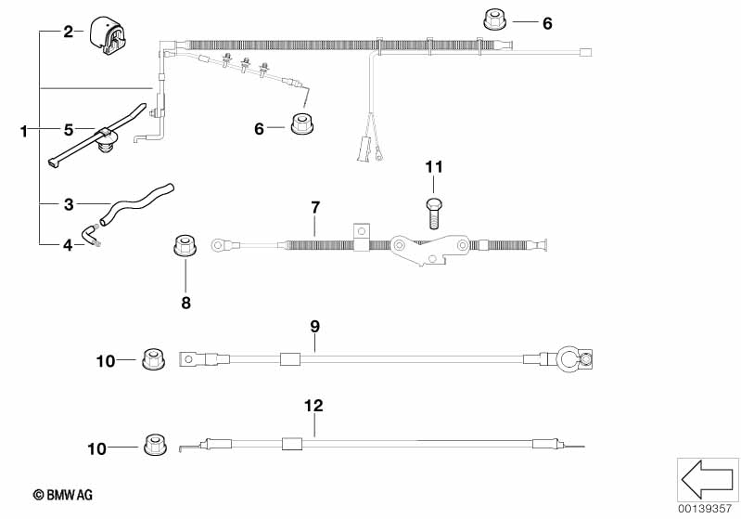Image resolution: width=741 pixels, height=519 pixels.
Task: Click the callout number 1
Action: click(24, 132)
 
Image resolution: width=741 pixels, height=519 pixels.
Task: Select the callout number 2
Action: click(68, 32)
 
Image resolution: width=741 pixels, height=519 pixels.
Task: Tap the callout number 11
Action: click(434, 167)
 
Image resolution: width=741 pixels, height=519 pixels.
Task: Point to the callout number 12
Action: click(314, 405)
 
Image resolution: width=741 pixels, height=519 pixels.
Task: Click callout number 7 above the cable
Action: click(314, 205)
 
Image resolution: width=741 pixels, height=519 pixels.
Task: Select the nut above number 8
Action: click(185, 248)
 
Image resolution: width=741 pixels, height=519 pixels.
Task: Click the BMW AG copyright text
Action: click(62, 496)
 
